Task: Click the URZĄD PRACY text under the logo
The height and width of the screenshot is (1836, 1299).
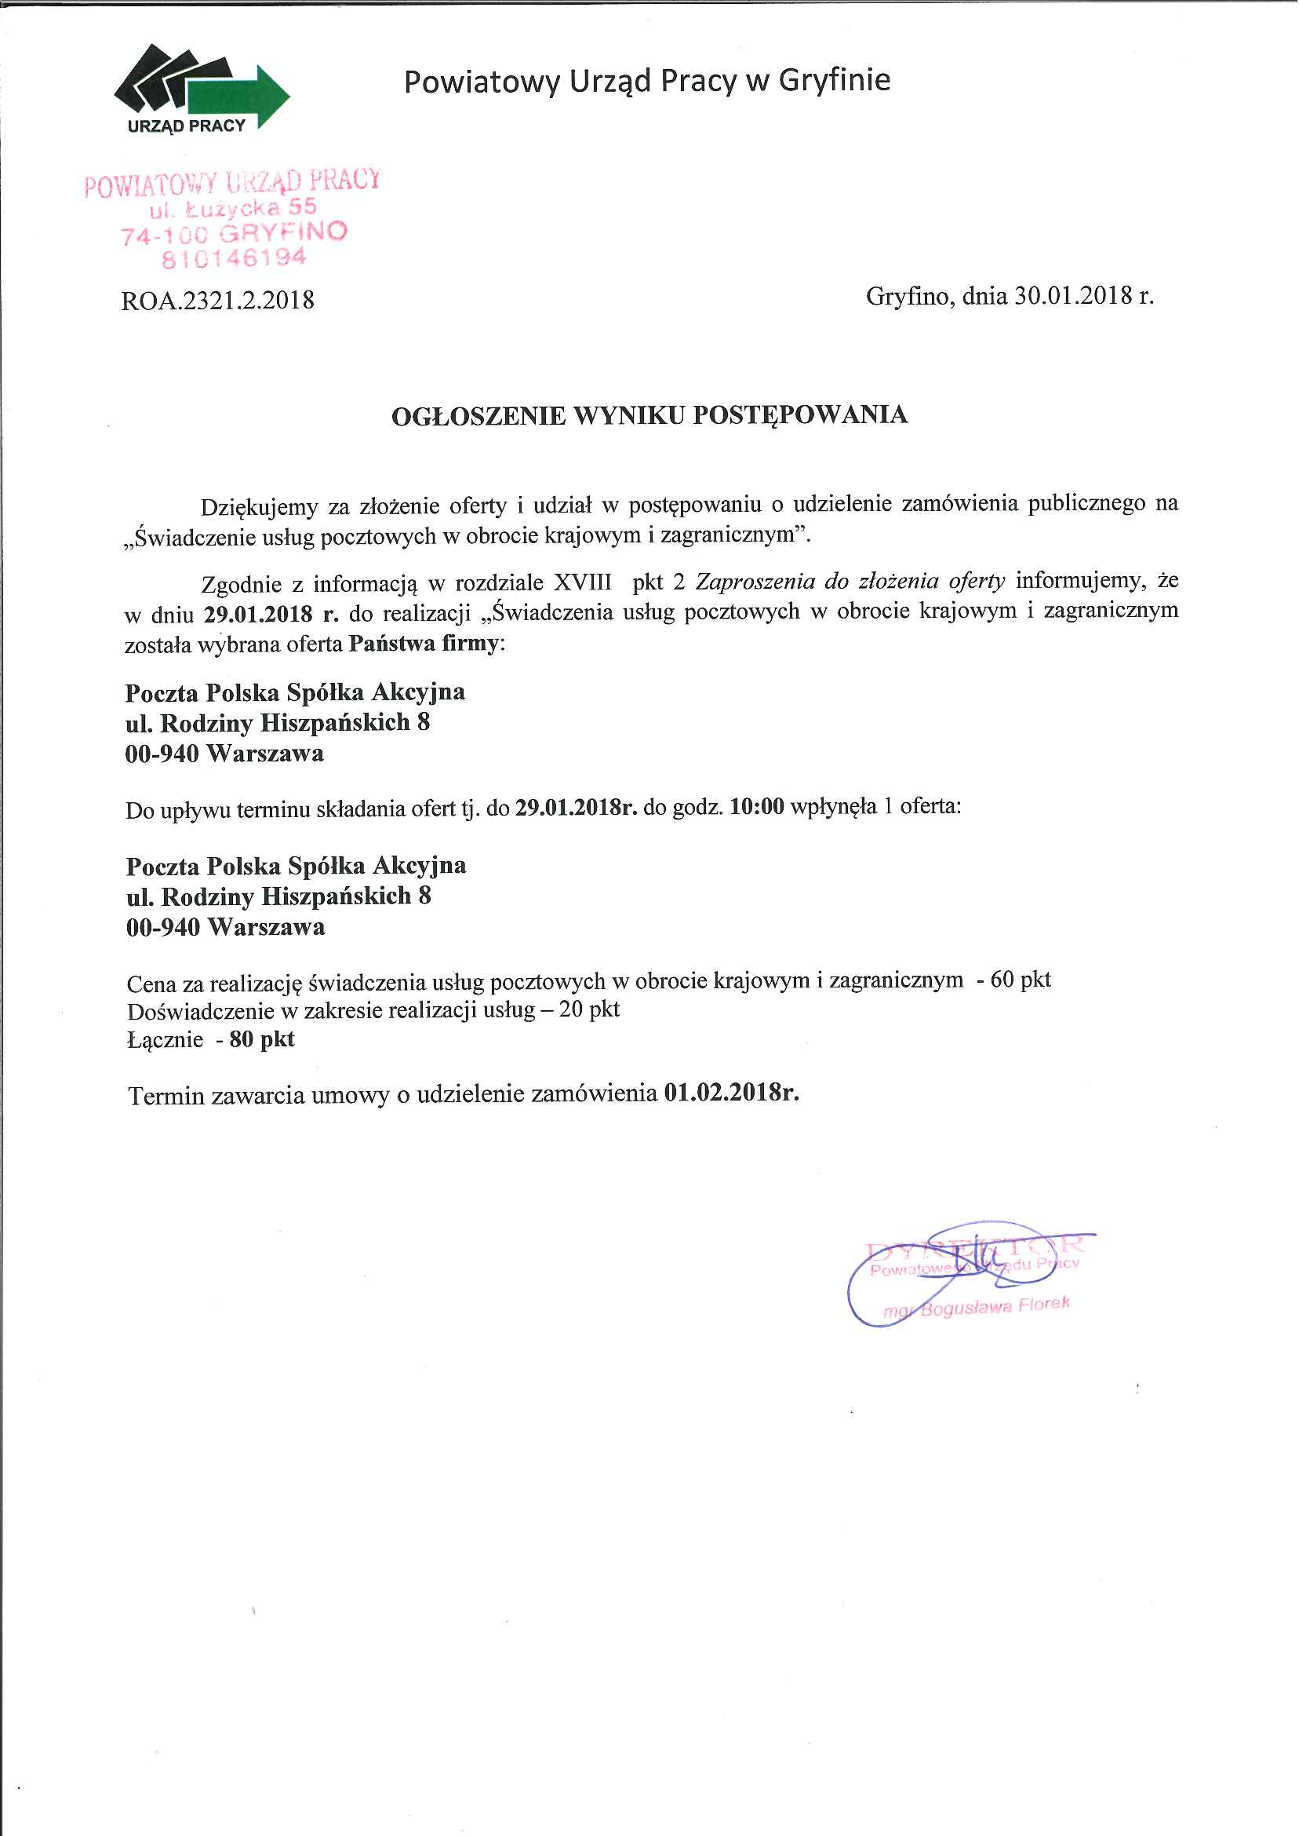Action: pos(187,126)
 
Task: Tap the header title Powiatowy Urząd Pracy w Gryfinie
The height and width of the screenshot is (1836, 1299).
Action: pos(646,81)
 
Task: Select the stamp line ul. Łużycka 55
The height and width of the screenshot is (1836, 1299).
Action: pos(233,209)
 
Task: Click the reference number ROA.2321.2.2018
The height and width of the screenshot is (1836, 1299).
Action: pos(217,300)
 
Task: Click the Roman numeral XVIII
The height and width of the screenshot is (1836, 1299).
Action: pos(582,582)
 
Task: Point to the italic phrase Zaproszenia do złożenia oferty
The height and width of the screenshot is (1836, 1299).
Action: pos(850,580)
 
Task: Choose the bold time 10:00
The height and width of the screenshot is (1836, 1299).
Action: pos(757,807)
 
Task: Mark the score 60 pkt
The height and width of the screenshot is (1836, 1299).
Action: pos(1020,980)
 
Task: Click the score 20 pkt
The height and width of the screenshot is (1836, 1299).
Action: pos(590,1009)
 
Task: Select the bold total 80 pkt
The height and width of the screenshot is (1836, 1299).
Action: pos(261,1039)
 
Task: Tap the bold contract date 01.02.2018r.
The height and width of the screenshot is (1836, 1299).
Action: pos(731,1093)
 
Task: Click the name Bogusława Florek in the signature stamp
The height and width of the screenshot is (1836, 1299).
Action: pos(995,1307)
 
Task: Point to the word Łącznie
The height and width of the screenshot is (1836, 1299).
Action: pos(165,1041)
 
